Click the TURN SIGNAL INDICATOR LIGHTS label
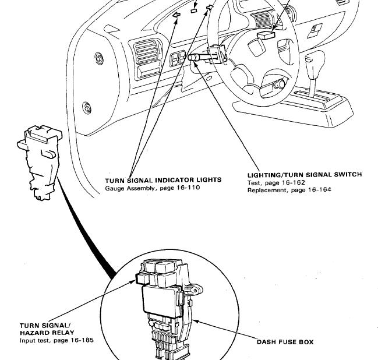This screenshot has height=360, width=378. click(163, 180)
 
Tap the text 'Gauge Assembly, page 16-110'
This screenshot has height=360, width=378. click(153, 188)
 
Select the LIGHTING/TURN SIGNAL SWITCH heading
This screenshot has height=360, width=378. click(305, 175)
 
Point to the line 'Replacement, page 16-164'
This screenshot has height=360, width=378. click(289, 190)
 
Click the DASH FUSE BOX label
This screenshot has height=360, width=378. click(285, 342)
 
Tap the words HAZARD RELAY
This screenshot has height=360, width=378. click(47, 333)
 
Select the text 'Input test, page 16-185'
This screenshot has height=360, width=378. click(56, 340)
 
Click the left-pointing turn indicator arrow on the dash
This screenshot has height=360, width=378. click(176, 15)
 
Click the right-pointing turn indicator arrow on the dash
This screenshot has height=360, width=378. click(210, 7)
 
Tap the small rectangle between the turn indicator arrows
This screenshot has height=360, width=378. click(193, 10)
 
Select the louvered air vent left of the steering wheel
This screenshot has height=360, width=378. click(146, 52)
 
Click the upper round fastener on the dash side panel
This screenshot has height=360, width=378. click(99, 58)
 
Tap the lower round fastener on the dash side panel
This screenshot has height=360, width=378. click(87, 108)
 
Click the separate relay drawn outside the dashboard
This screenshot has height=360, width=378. click(40, 162)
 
